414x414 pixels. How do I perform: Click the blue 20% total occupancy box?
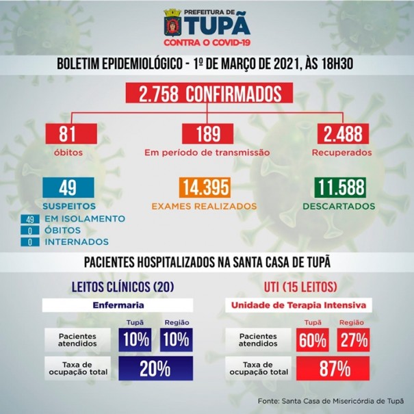pyautogui.click(x=155, y=370)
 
